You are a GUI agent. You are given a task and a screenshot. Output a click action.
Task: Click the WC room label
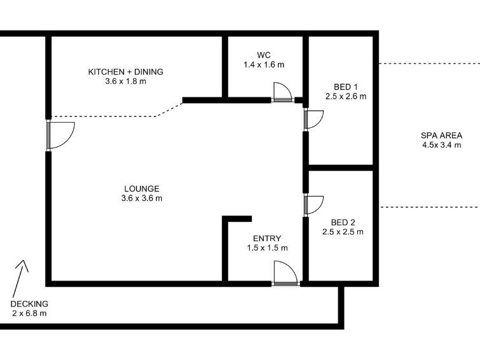264,55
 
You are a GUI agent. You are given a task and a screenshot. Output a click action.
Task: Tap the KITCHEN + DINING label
125,72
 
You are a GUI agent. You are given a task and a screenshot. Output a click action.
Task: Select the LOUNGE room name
142,188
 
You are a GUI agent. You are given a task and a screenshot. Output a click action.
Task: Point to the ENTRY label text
267,239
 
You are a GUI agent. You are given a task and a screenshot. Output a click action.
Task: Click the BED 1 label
346,87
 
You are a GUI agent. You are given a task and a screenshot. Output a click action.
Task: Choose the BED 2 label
343,223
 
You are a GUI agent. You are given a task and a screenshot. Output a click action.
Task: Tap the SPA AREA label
441,135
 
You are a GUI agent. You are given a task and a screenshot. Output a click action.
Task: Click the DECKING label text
29,304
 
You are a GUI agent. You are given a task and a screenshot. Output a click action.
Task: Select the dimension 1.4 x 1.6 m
264,65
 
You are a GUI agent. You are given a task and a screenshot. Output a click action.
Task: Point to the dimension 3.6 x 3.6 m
142,198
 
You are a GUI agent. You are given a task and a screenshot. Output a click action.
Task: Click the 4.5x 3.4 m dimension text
442,145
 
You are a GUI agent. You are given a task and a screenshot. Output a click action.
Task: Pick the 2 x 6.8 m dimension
29,314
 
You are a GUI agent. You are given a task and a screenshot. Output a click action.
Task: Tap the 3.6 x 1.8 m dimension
125,81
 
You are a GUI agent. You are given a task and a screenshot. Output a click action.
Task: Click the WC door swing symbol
282,92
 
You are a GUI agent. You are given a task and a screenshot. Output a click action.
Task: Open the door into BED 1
314,120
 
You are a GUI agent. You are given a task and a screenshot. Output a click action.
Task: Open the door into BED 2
314,205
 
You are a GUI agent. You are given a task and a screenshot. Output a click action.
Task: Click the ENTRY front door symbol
285,273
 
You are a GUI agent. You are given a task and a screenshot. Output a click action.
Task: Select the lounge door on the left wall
60,135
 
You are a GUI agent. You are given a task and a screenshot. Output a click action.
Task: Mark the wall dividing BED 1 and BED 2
340,167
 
